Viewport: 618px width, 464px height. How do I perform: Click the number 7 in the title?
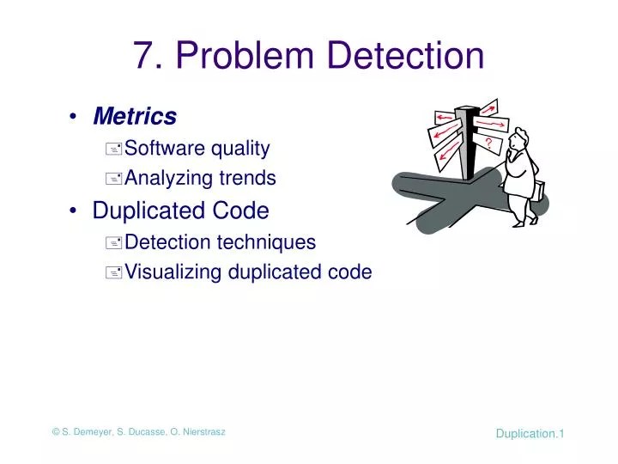pyautogui.click(x=143, y=56)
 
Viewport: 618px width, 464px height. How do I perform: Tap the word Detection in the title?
pyautogui.click(x=407, y=56)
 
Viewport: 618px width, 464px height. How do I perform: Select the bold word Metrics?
pyautogui.click(x=135, y=115)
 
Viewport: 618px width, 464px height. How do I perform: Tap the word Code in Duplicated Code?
pyautogui.click(x=241, y=210)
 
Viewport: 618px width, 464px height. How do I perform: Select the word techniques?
pyautogui.click(x=263, y=242)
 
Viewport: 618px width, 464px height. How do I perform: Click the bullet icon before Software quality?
pyautogui.click(x=114, y=150)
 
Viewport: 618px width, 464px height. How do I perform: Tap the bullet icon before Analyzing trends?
pyautogui.click(x=114, y=180)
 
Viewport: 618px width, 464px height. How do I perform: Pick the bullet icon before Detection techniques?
pyautogui.click(x=114, y=243)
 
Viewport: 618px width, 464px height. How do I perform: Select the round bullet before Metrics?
pyautogui.click(x=77, y=116)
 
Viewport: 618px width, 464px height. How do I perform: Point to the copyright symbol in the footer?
pyautogui.click(x=56, y=431)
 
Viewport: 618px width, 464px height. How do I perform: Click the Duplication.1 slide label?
pyautogui.click(x=530, y=433)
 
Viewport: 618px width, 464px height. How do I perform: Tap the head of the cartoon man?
pyautogui.click(x=518, y=140)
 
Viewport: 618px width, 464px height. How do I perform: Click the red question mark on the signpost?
pyautogui.click(x=488, y=142)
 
